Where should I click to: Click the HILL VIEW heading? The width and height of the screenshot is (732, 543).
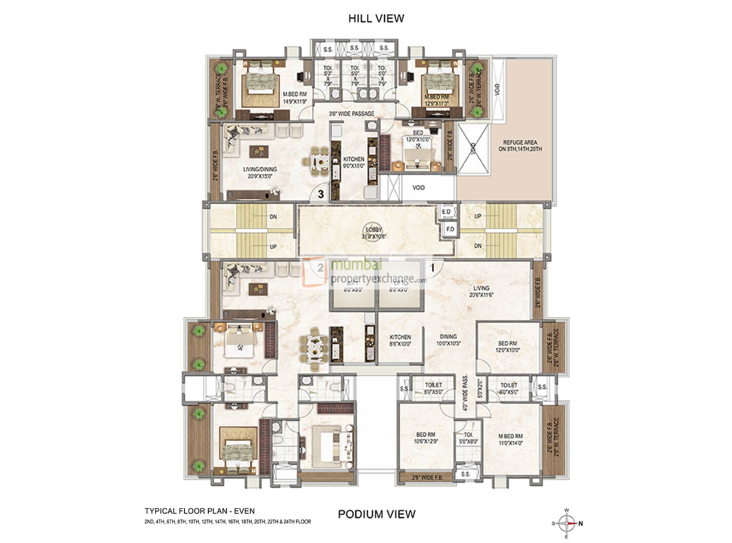pyautogui.click(x=376, y=19)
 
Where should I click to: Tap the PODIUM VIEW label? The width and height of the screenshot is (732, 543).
pyautogui.click(x=377, y=514)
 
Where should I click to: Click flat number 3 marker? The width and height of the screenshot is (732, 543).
pyautogui.click(x=321, y=194)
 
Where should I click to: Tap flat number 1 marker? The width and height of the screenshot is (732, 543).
pyautogui.click(x=432, y=267)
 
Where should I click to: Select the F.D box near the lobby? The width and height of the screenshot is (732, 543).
pyautogui.click(x=450, y=229)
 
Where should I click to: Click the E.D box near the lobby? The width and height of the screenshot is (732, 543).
pyautogui.click(x=446, y=211)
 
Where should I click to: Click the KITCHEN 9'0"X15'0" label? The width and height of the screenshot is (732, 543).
pyautogui.click(x=353, y=162)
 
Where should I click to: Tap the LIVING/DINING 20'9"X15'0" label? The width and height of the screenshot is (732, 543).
pyautogui.click(x=260, y=172)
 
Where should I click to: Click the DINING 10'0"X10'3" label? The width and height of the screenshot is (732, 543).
pyautogui.click(x=448, y=340)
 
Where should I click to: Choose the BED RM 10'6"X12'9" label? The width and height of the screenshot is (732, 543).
pyautogui.click(x=426, y=438)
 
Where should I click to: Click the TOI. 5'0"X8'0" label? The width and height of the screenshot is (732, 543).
pyautogui.click(x=468, y=438)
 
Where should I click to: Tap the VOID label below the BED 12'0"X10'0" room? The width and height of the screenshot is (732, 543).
pyautogui.click(x=418, y=188)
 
